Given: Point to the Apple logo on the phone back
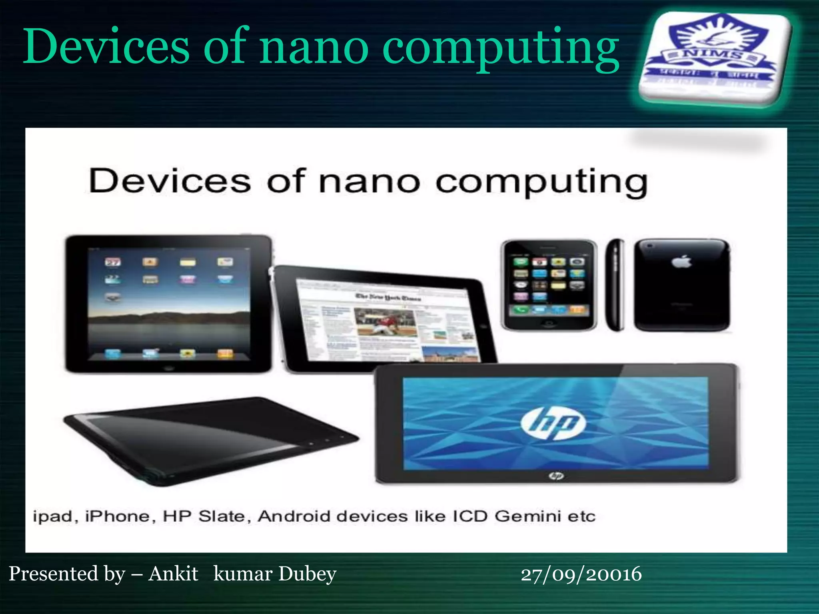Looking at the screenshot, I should pyautogui.click(x=681, y=262).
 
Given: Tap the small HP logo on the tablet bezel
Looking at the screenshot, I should pyautogui.click(x=556, y=476).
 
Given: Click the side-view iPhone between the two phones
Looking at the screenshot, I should pyautogui.click(x=615, y=285).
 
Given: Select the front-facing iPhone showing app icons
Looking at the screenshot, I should pyautogui.click(x=549, y=285).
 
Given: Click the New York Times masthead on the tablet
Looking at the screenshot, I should pyautogui.click(x=383, y=297).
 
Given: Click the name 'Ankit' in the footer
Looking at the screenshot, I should pyautogui.click(x=173, y=574).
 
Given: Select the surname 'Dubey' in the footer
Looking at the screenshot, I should pyautogui.click(x=307, y=574).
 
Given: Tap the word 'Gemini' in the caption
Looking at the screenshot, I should pyautogui.click(x=528, y=516).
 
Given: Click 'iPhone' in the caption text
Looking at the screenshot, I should pyautogui.click(x=117, y=516).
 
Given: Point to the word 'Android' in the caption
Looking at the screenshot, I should pyautogui.click(x=294, y=516).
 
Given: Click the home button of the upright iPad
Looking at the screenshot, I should pyautogui.click(x=168, y=367).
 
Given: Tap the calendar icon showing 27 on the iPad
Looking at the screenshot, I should pyautogui.click(x=112, y=262).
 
